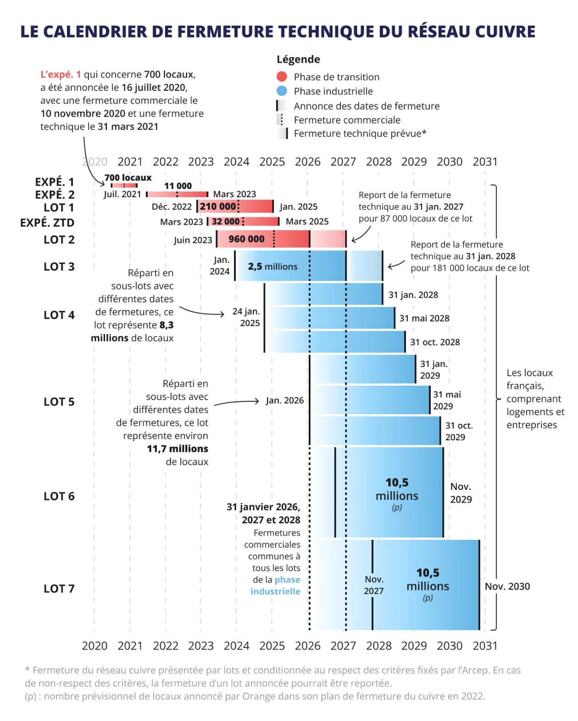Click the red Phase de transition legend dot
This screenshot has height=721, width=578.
coord(282,77)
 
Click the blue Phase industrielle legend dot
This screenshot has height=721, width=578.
coord(282,91)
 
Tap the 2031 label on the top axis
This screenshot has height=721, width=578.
coord(485,162)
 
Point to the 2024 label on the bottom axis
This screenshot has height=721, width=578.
coord(236,646)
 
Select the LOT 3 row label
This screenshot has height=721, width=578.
coord(59,266)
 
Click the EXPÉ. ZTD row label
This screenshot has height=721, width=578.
coord(47,222)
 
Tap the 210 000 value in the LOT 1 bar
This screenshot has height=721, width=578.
coord(218,206)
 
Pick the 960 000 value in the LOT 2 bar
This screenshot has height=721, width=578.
coord(246,239)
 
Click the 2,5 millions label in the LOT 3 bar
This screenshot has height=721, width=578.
coord(272,266)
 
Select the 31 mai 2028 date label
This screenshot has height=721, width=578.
coord(424,318)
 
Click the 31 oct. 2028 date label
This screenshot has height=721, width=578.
coord(435,342)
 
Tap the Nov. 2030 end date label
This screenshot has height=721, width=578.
coord(507,586)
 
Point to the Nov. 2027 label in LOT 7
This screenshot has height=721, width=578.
coord(373,585)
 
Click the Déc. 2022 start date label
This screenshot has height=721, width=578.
coord(172,207)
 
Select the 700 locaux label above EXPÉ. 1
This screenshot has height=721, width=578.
coord(128,177)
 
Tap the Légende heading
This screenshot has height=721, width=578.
coord(298,59)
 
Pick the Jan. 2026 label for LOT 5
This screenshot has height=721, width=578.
coord(285,400)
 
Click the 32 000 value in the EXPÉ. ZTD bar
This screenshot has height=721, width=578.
coord(226,222)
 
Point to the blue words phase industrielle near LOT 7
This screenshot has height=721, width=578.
coord(276,585)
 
